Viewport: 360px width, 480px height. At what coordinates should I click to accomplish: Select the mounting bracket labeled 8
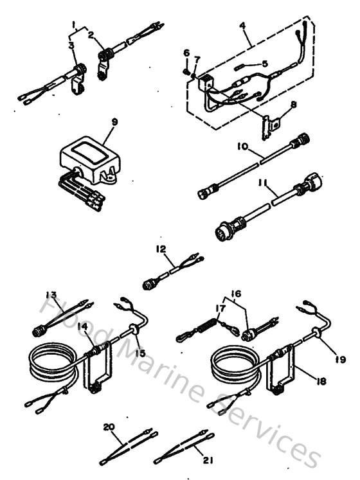265,125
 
